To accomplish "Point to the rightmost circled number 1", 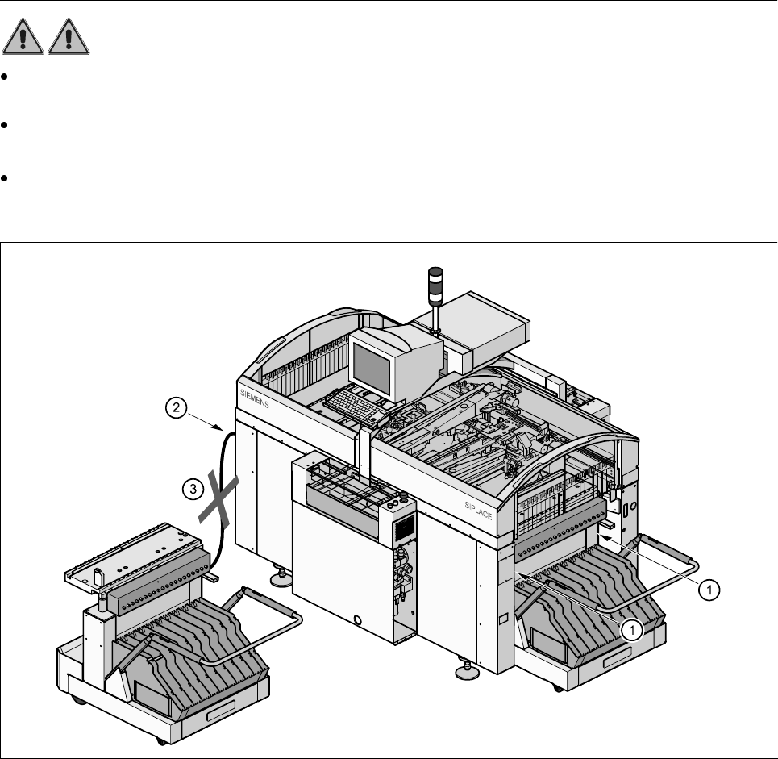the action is point(709,590).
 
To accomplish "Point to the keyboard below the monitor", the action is point(360,406).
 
